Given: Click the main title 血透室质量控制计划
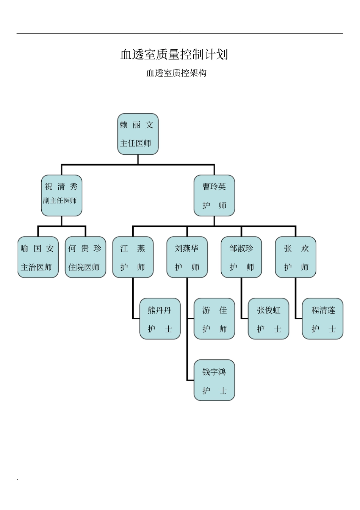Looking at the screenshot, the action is tap(174, 55).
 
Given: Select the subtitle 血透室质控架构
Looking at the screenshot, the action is tap(176, 73).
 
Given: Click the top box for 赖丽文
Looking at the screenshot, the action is tap(138, 134).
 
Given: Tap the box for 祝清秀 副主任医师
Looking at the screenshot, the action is tap(62, 196).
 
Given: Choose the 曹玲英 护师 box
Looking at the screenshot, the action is tap(214, 196).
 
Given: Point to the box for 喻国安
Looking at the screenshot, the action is tap(38, 257).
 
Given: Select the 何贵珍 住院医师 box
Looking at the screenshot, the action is tap(86, 257).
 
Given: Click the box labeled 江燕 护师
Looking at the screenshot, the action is tap(133, 257).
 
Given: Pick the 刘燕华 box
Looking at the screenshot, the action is tap(187, 257).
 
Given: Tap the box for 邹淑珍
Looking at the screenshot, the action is tap(241, 257).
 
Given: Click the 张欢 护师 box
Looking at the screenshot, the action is tap(296, 257).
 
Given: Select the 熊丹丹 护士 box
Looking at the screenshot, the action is tap(160, 319).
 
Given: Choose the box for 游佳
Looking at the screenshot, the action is tap(214, 319).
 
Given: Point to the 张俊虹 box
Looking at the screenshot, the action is tap(269, 319).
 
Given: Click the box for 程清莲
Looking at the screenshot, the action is tap(323, 319).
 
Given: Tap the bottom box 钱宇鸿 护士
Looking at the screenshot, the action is tap(214, 380).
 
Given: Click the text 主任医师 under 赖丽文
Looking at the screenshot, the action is tap(136, 143).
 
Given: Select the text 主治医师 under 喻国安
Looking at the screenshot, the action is tap(36, 267).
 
